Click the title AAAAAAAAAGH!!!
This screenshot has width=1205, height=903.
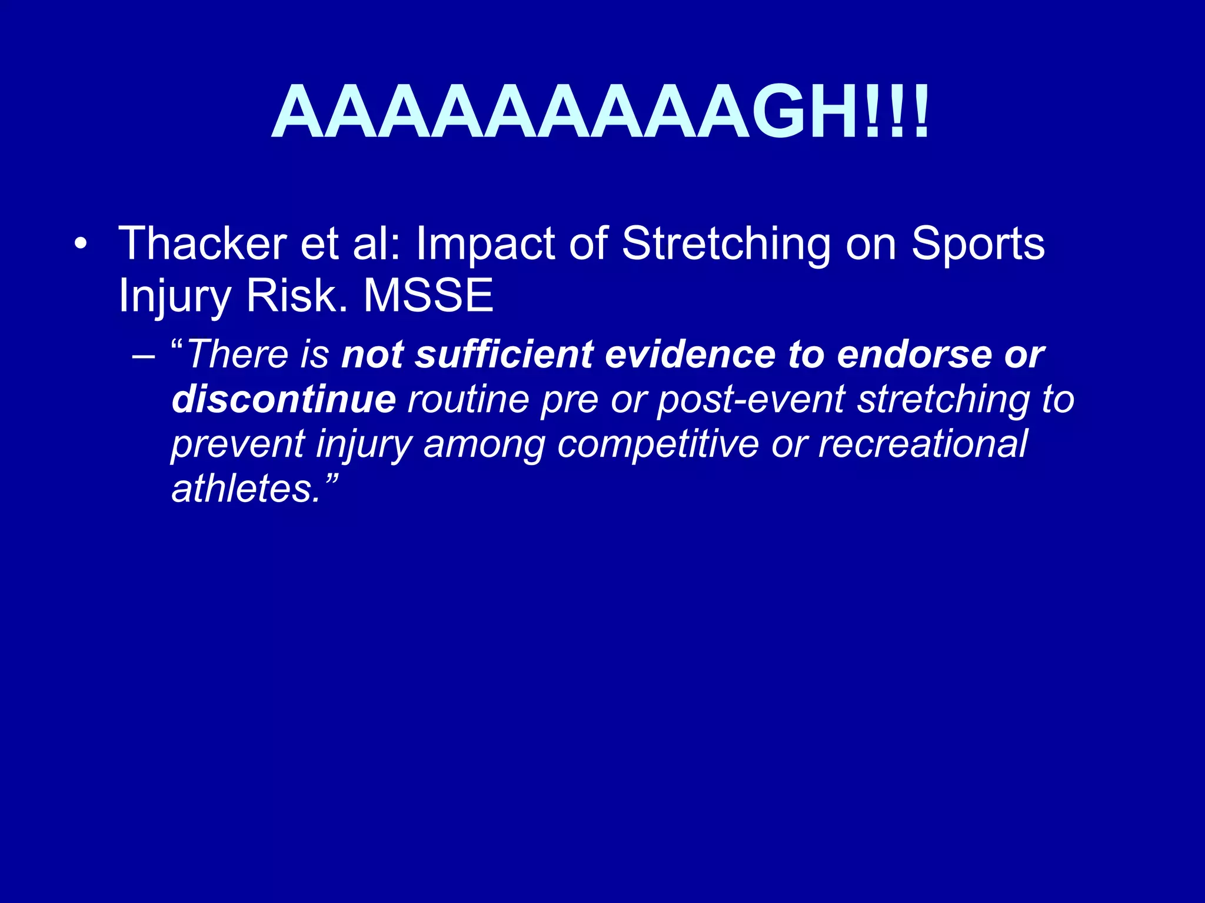point(600,112)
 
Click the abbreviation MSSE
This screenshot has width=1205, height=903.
point(428,296)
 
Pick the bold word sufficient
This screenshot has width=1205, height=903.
point(503,354)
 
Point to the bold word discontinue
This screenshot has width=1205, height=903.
point(284,399)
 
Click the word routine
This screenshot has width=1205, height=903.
point(468,399)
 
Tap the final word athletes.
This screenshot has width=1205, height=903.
point(245,489)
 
